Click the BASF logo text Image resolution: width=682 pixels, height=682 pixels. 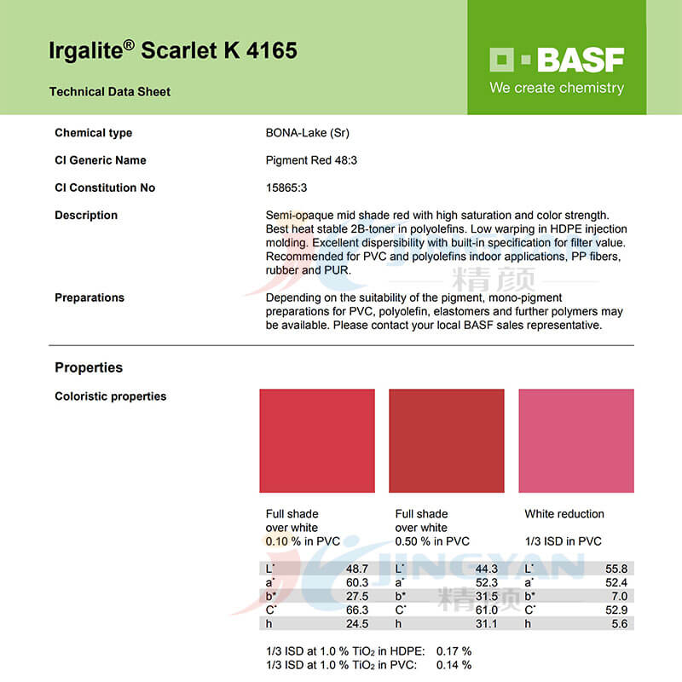coord(580,60)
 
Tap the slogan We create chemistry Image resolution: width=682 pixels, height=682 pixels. coord(556,88)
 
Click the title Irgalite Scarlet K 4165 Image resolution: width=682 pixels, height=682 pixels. coord(173,50)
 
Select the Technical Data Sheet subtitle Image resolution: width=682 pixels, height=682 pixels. coord(110,92)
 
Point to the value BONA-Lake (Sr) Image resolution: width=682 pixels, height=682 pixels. coord(308,133)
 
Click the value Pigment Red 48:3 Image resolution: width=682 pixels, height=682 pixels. coord(311,160)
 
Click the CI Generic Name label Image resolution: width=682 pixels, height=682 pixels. coord(101,160)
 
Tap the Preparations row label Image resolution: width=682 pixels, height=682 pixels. coord(90,298)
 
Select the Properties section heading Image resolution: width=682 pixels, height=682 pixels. coord(89,367)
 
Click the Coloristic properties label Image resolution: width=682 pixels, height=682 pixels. coord(111,396)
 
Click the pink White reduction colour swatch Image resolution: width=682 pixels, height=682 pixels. coord(576,441)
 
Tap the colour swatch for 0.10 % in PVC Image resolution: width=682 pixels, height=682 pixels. coord(317,441)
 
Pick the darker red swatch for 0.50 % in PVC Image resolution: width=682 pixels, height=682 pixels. coord(446,441)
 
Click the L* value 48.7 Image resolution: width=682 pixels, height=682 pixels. coord(357,569)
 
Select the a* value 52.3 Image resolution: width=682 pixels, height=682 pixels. coord(486,582)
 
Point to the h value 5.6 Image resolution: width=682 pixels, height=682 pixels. coord(619,623)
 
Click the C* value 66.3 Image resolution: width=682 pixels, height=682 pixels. coord(357,610)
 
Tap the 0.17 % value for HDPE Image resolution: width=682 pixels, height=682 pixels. coord(454,651)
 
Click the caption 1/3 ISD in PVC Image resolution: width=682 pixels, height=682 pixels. coord(563,541)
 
